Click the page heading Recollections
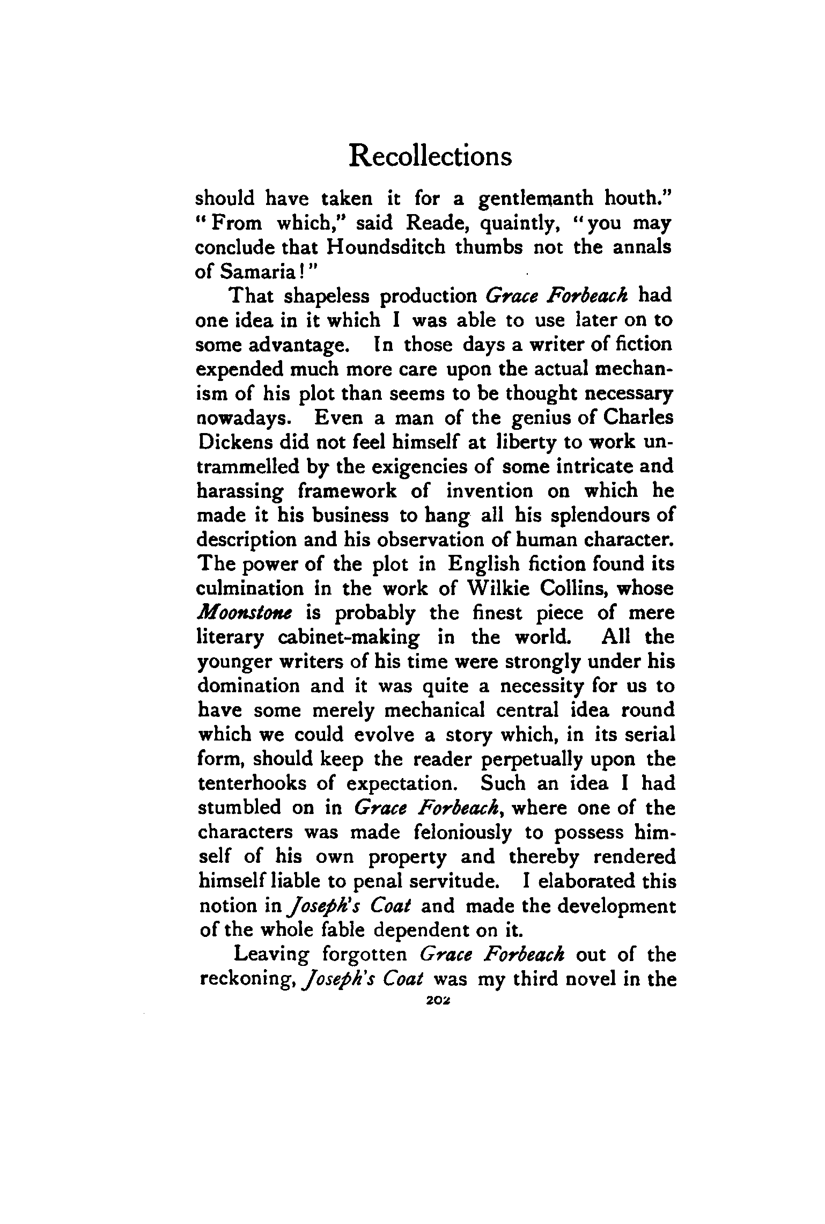coord(430,157)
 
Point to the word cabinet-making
coord(349,637)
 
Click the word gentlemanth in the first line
coord(536,199)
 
